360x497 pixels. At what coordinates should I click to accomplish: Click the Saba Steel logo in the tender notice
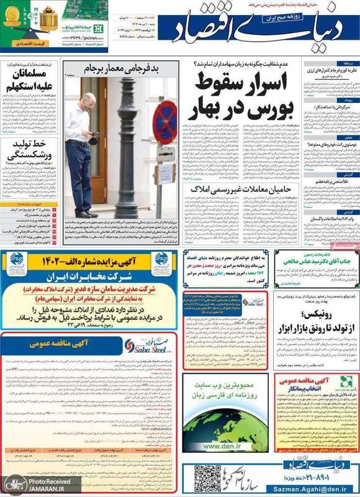pyautogui.click(x=142, y=346)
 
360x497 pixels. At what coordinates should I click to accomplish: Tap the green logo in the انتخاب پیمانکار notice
pyautogui.click(x=346, y=380)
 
